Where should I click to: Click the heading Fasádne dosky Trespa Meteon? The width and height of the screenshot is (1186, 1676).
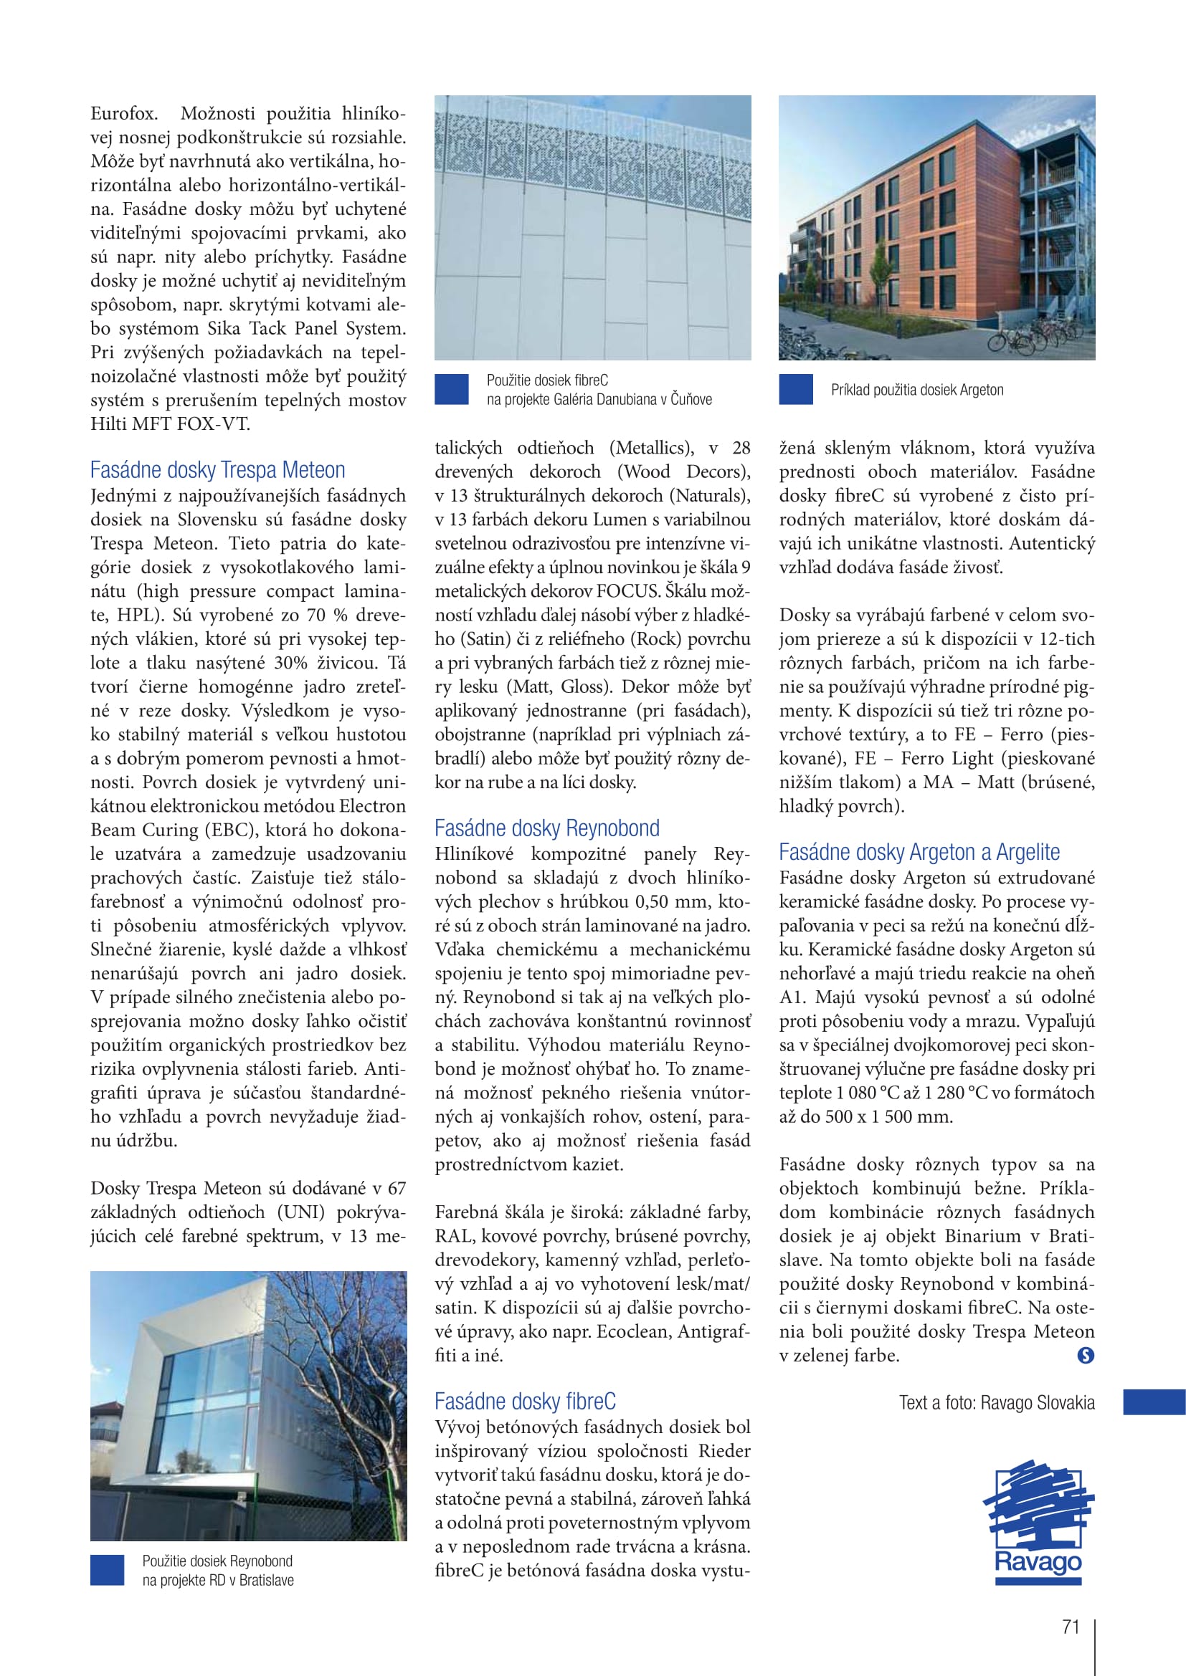pos(218,469)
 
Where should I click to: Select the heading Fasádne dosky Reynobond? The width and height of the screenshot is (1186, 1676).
pos(547,828)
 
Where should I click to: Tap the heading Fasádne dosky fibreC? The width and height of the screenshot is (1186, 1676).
pos(525,1401)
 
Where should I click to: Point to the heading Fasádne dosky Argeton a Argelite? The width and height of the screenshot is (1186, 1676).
pos(919,852)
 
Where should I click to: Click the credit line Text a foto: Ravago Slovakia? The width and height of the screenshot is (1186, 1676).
pos(997,1402)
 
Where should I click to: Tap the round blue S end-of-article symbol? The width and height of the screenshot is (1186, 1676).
pos(1085,1356)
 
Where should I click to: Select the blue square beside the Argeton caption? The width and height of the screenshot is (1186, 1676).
pos(796,389)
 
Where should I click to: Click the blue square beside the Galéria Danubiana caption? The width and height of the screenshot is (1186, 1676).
pos(451,389)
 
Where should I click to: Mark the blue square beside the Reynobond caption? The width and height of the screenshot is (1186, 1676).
pos(108,1570)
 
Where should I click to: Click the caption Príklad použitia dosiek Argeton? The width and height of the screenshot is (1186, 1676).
pos(917,390)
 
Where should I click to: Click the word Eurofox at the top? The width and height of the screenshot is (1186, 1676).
pos(123,114)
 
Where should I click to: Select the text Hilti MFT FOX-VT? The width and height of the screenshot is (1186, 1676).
pos(170,424)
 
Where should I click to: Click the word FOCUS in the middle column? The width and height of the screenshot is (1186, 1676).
pos(627,590)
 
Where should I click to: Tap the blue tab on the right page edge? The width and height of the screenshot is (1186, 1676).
pos(1154,1402)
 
